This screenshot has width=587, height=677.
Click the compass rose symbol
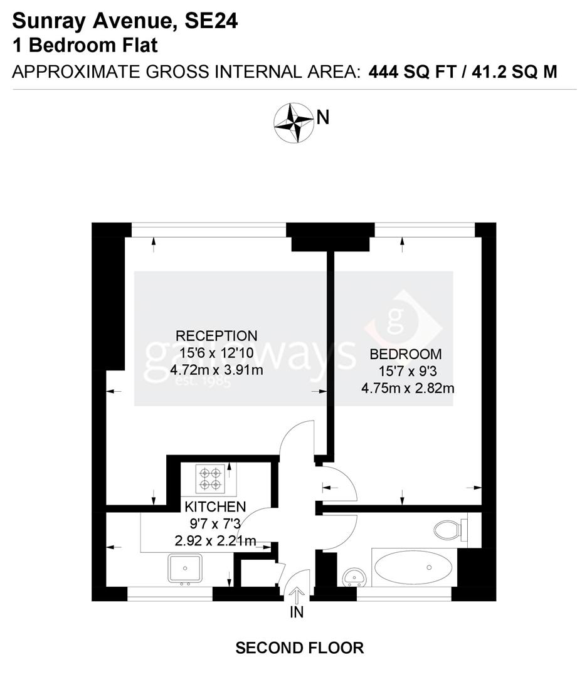(293, 122)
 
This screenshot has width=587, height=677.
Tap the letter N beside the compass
(323, 117)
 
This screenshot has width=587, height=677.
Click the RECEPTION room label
(216, 335)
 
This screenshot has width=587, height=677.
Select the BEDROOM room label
(406, 354)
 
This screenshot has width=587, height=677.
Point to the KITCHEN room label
(214, 506)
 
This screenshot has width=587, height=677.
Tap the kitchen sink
(185, 568)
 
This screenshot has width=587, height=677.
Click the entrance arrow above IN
(296, 594)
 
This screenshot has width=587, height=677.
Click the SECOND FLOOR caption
(299, 648)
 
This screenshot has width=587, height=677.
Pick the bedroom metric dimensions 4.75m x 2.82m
(408, 388)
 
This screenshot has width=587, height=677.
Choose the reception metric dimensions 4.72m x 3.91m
(216, 370)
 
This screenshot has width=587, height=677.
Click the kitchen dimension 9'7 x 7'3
(214, 523)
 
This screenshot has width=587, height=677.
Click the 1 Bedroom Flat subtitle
(85, 46)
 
